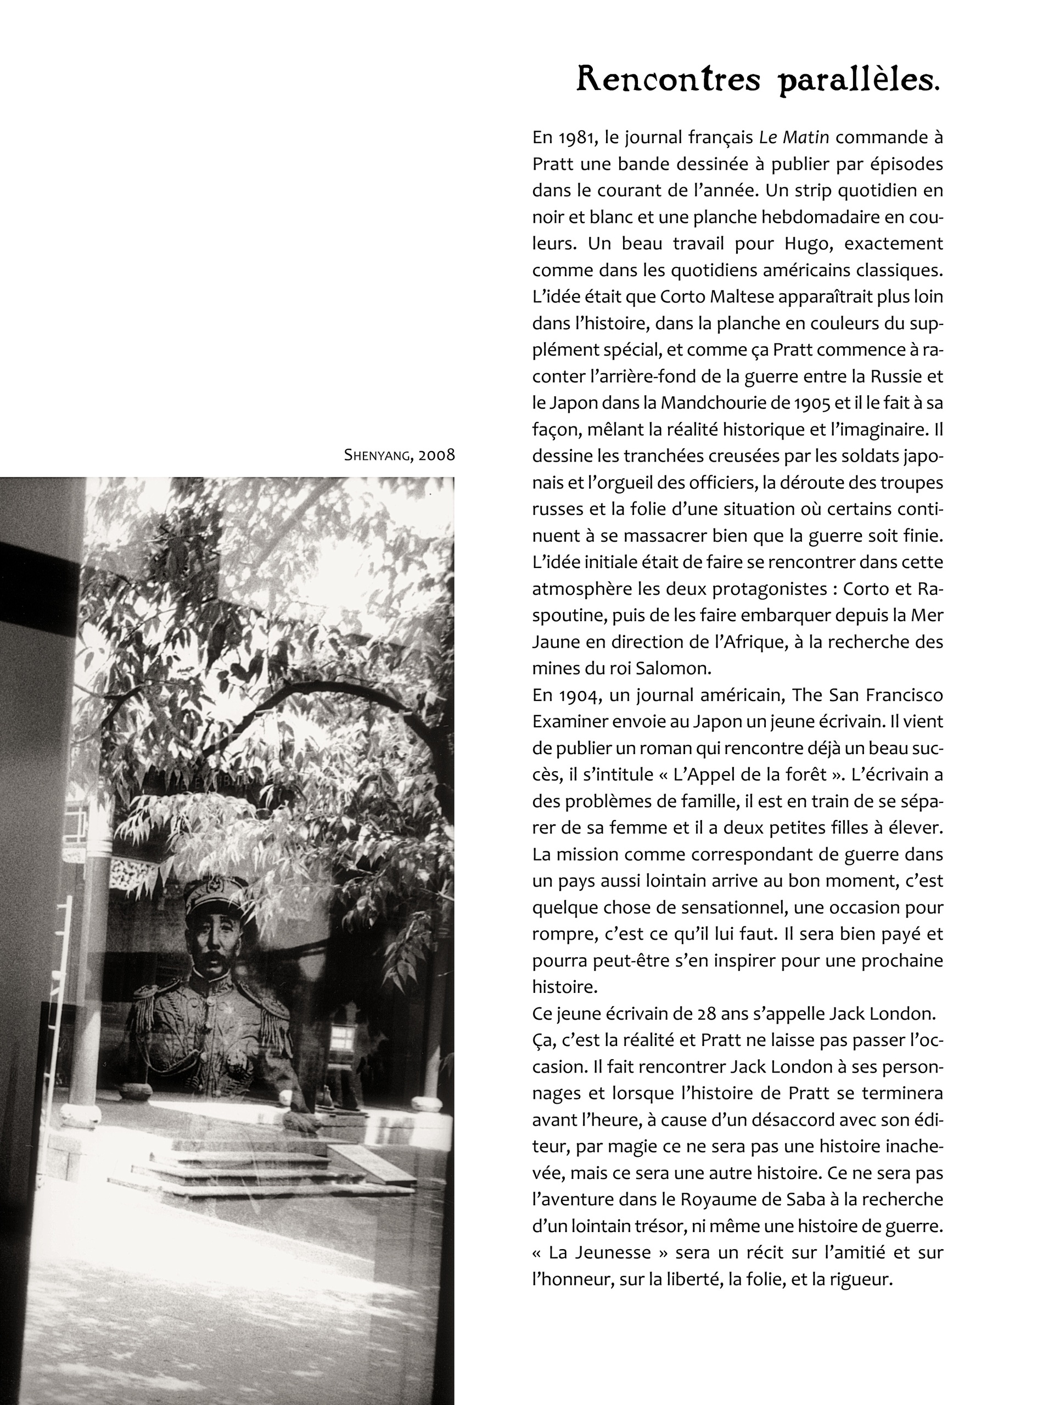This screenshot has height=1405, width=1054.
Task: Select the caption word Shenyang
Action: click(376, 455)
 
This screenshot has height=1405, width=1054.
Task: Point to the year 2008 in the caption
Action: click(436, 455)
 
